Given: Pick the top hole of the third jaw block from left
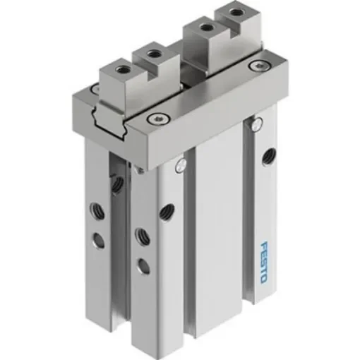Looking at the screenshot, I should pos(205,29).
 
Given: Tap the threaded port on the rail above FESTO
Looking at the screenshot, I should pos(268,155).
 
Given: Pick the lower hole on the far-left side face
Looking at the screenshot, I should pos(100,241).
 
